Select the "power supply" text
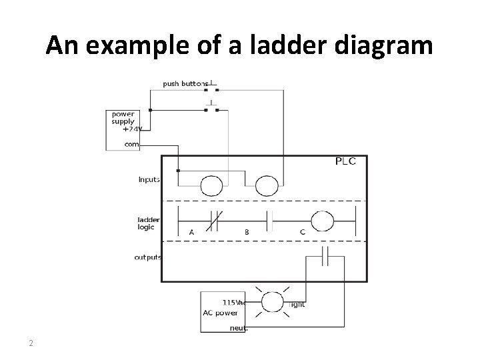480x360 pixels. pos(123,117)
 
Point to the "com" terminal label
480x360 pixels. pos(131,143)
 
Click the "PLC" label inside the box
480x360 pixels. pos(345,161)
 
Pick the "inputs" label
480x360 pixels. pos(149,179)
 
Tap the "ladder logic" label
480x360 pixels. pos(148,223)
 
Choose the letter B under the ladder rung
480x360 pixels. pos(247,233)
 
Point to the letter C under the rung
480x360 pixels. pos(303,233)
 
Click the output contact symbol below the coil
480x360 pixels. pos(325,256)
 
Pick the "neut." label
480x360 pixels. pos(239,327)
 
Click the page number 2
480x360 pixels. pos(31,343)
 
